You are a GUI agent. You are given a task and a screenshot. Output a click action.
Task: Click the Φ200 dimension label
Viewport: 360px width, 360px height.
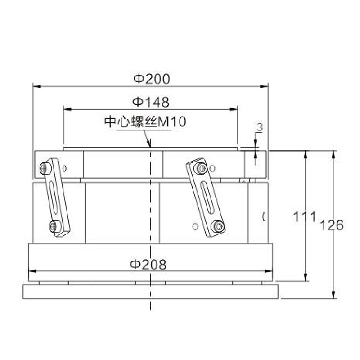tap(152, 79)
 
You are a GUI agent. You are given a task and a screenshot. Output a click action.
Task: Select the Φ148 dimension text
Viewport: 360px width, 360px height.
tap(151, 102)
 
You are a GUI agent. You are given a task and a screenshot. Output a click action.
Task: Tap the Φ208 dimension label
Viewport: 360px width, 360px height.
tap(148, 264)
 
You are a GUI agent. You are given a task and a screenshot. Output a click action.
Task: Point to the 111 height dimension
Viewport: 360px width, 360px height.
tap(305, 217)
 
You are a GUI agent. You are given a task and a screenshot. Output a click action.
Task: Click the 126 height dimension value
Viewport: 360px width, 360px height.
tap(332, 225)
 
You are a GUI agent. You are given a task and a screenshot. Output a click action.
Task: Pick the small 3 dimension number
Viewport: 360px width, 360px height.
tap(260, 127)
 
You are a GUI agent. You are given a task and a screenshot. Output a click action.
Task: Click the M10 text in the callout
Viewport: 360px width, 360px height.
tap(172, 121)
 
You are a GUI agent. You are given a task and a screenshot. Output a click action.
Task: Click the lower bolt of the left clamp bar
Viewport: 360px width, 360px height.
tap(53, 227)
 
